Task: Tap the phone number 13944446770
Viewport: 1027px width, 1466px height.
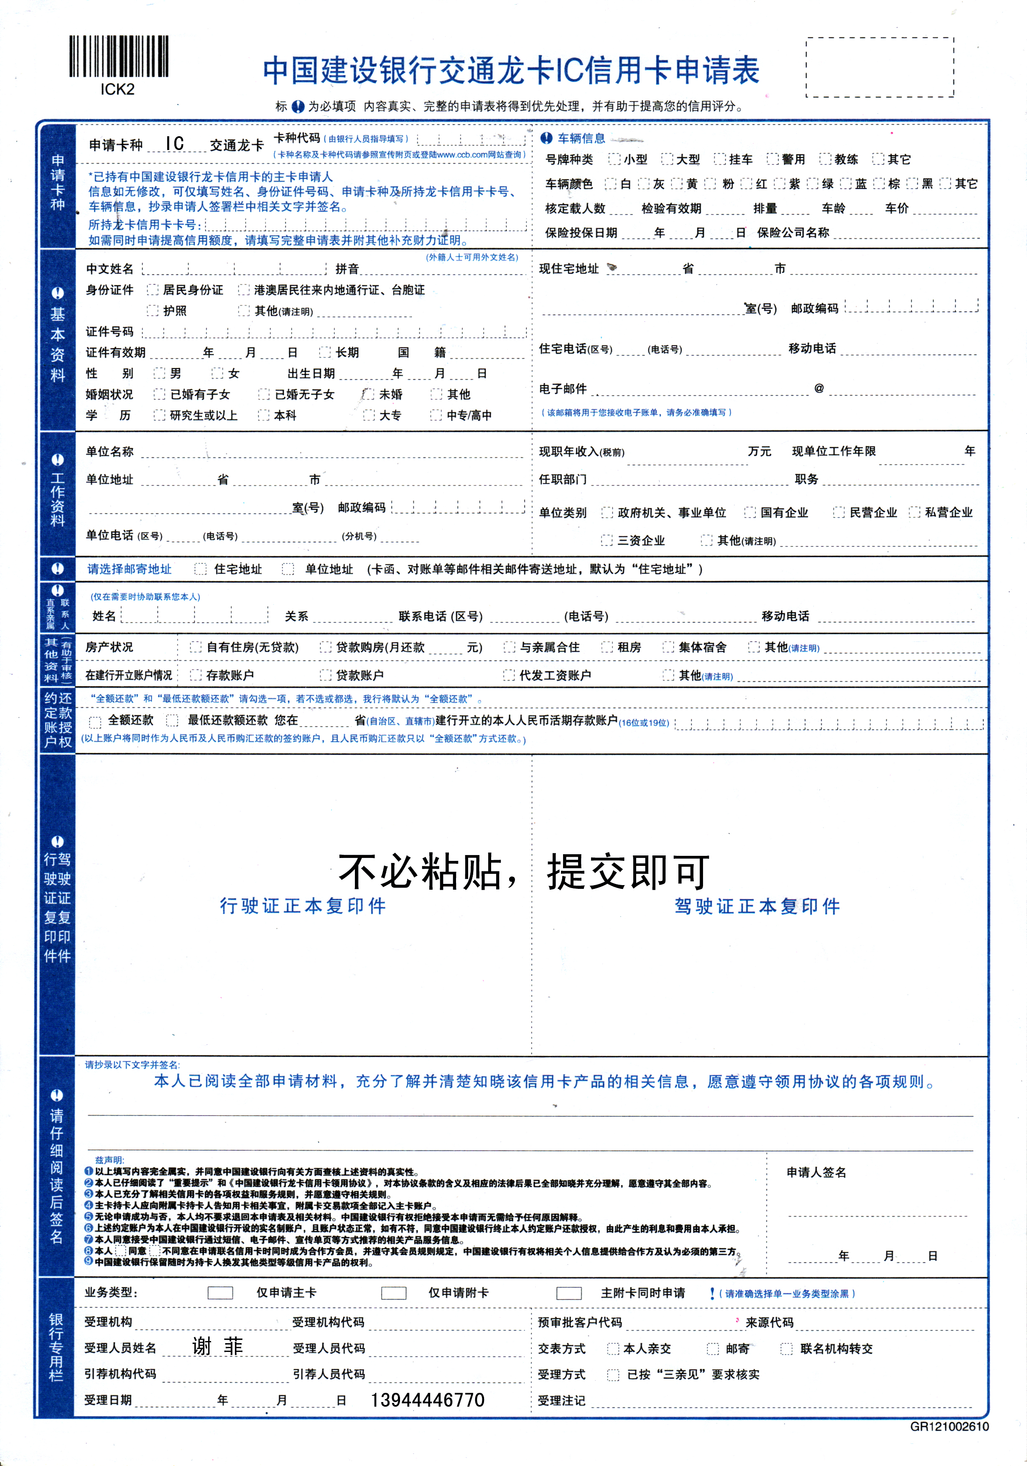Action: [x=427, y=1400]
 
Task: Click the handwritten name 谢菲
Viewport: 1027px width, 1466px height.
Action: [x=218, y=1346]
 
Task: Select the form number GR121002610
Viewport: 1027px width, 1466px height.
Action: [x=949, y=1427]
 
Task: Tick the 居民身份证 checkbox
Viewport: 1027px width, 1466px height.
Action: [x=152, y=290]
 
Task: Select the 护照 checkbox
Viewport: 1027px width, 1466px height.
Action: [x=152, y=311]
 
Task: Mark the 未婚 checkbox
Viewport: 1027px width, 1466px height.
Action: [x=368, y=394]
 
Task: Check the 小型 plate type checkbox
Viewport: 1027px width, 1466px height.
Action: [x=614, y=159]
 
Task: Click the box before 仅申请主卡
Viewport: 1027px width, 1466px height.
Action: [x=220, y=1293]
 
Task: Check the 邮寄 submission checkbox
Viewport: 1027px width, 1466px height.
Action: [x=713, y=1349]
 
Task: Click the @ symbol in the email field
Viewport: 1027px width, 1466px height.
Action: [x=819, y=388]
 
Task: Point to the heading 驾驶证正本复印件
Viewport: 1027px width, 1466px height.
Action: [x=757, y=906]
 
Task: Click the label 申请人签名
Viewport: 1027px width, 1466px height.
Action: [x=816, y=1172]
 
